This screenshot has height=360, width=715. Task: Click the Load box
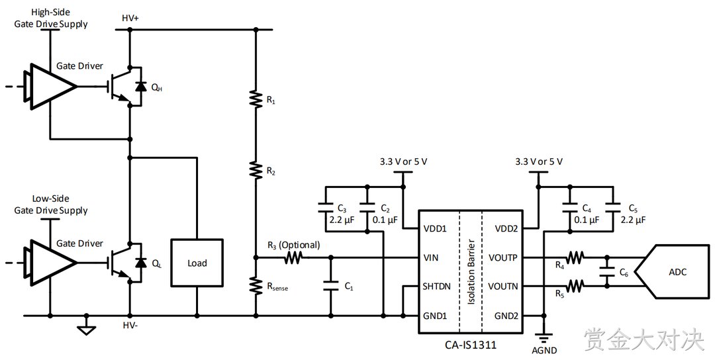tap(197, 263)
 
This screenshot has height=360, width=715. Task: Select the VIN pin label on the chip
tap(431, 258)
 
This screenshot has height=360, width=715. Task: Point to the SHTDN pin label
tap(437, 287)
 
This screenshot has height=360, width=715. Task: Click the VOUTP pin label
tap(503, 258)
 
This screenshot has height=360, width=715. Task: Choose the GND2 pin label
tap(506, 316)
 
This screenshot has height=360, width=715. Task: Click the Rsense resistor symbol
tap(256, 285)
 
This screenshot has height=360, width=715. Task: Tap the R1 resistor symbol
tap(256, 99)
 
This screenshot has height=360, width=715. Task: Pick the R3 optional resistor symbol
tap(294, 258)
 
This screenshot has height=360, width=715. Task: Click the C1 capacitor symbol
tap(330, 286)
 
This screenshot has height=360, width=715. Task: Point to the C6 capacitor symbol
tap(606, 272)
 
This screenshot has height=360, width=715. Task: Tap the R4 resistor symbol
tap(575, 258)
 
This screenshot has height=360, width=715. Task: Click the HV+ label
tap(130, 19)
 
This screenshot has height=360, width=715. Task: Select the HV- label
tap(130, 326)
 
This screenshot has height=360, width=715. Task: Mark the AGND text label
tap(544, 351)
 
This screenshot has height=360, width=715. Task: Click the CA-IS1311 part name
tap(471, 345)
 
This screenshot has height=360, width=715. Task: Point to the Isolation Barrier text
tap(471, 272)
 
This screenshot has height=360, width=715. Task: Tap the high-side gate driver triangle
tap(50, 85)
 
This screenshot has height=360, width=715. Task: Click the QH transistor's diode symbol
tap(142, 86)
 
